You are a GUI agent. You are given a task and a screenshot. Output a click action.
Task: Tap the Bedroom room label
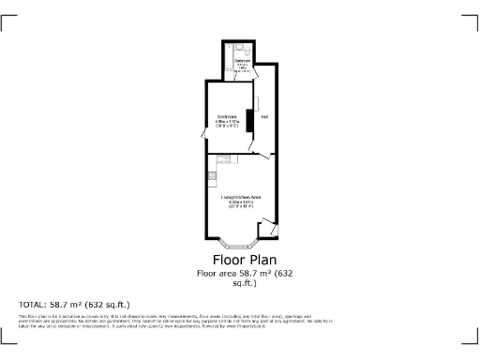pyautogui.click(x=228, y=116)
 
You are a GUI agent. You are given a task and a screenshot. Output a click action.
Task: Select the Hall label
pyautogui.click(x=265, y=117)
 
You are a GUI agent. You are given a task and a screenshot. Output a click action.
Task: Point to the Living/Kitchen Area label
pyautogui.click(x=240, y=196)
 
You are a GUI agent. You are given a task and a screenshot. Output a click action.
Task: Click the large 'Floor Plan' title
pyautogui.click(x=239, y=260)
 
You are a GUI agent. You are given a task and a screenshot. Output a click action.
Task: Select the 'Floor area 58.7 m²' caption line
pyautogui.click(x=239, y=274)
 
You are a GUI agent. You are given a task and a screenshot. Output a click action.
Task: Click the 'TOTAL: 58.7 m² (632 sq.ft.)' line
pyautogui.click(x=74, y=305)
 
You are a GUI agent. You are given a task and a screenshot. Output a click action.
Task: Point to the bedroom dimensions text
pyautogui.click(x=228, y=123)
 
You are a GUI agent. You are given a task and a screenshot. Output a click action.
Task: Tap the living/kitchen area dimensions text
pyautogui.click(x=240, y=203)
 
